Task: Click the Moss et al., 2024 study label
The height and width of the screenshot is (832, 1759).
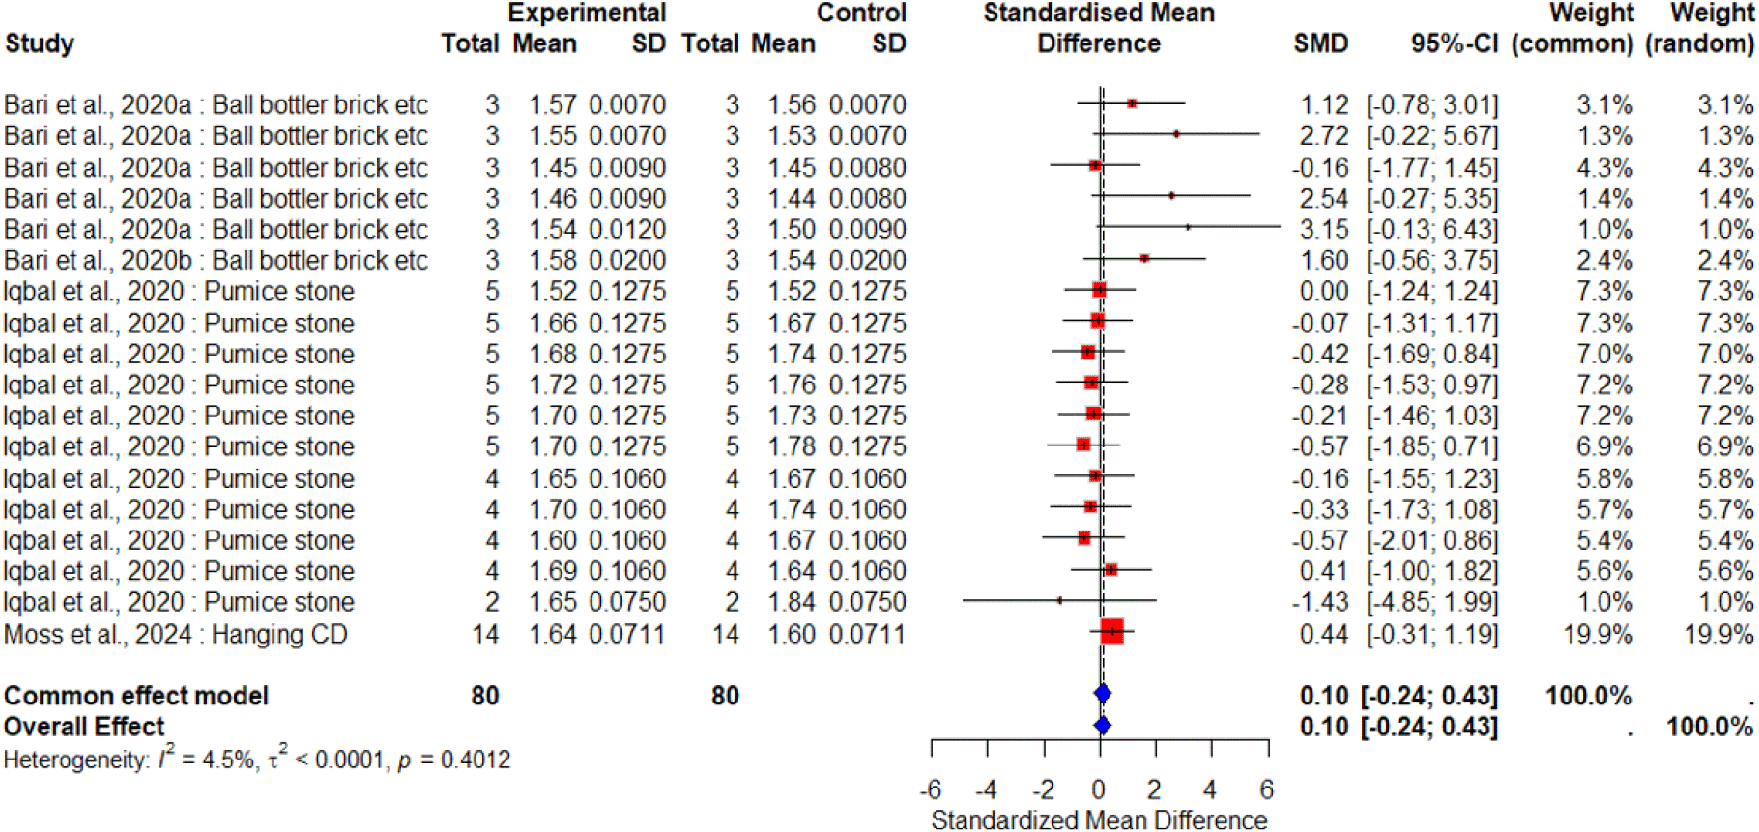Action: click(x=175, y=634)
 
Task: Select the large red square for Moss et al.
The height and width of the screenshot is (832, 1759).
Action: click(x=1112, y=631)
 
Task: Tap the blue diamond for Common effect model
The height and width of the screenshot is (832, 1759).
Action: click(x=1102, y=694)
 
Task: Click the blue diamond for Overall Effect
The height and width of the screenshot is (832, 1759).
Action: click(x=1102, y=726)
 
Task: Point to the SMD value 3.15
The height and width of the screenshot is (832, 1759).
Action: click(x=1323, y=230)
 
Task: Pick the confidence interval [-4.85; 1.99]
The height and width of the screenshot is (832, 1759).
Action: click(x=1431, y=602)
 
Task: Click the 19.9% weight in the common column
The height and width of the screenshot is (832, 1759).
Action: click(x=1604, y=634)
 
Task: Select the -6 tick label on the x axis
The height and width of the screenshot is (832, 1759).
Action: click(x=931, y=789)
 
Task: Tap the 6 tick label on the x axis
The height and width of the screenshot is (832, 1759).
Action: click(x=1267, y=789)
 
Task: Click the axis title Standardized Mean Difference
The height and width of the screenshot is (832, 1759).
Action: click(x=1099, y=819)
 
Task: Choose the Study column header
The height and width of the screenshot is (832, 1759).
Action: click(x=40, y=43)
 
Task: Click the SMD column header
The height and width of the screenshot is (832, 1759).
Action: click(x=1320, y=43)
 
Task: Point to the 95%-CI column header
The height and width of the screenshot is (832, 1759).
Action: click(x=1454, y=43)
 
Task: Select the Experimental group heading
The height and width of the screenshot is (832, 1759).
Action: click(x=587, y=13)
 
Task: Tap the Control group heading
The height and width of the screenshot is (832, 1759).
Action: click(x=861, y=13)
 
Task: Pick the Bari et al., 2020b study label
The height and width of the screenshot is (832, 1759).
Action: click(x=216, y=261)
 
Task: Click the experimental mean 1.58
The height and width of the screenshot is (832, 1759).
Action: click(x=552, y=261)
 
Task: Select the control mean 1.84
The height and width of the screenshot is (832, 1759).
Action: click(x=792, y=602)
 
